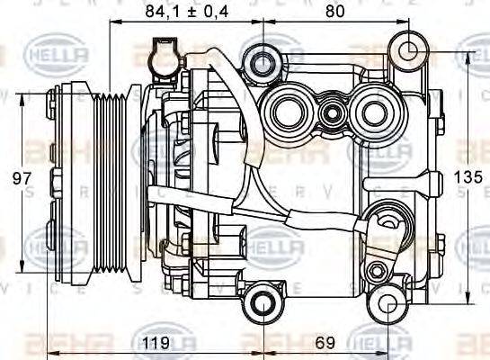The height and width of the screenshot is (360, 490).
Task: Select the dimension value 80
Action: pos(334,11)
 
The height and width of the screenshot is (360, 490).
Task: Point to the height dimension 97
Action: pos(16,179)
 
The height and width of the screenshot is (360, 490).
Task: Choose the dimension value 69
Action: pos(325,343)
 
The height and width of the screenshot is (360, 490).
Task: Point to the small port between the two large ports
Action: pos(332,114)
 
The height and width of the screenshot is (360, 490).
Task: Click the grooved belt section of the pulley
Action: pos(114,178)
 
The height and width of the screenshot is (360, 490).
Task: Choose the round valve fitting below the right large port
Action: pos(388,219)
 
